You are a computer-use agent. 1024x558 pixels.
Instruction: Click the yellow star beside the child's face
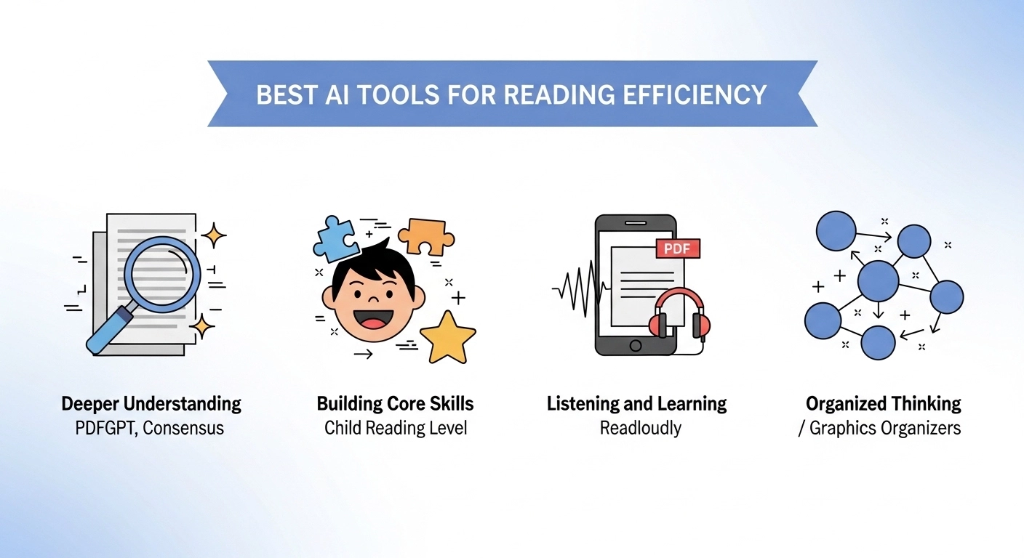[x=447, y=337]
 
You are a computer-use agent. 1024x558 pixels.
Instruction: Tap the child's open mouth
[x=372, y=321]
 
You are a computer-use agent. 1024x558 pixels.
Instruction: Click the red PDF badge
[x=677, y=248]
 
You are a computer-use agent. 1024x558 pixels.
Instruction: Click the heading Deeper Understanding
[x=151, y=404]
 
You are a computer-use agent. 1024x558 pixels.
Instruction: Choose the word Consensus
[x=183, y=428]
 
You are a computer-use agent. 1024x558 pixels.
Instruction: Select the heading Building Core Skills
[x=396, y=404]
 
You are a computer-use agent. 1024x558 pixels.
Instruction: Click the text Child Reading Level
[x=396, y=428]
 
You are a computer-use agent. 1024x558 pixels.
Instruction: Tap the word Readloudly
[x=640, y=428]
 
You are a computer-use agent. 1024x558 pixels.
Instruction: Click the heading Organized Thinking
[x=883, y=404]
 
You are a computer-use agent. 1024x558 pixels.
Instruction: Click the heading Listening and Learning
[x=636, y=404]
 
